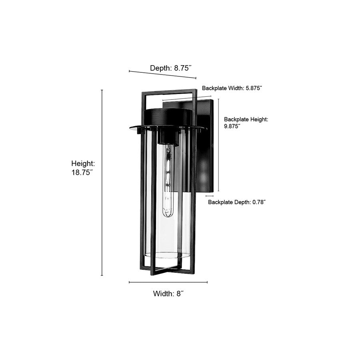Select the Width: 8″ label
point(168,294)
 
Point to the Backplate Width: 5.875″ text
point(232,88)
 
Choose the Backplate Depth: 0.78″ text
point(237,202)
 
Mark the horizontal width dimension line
point(168,282)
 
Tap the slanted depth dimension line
point(162,75)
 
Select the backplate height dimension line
point(218,144)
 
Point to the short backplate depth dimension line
point(209,196)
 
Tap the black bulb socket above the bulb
point(167,136)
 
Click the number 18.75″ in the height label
point(82,172)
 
